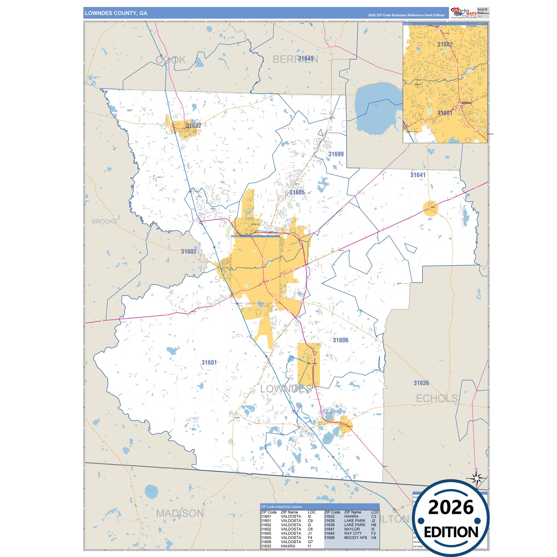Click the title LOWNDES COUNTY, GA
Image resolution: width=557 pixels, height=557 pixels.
coord(116,13)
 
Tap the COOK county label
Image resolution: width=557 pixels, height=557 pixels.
coord(170,60)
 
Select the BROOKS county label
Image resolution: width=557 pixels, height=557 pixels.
coord(104,222)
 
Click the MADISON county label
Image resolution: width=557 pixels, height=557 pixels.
coord(180,513)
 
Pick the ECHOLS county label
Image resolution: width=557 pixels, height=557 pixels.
coord(437,398)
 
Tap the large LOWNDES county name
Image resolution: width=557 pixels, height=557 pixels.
coord(286,389)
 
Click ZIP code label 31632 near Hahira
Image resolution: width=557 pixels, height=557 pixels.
coord(194,126)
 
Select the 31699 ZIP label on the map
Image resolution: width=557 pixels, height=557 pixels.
coord(336,154)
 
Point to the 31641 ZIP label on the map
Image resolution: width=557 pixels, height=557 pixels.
coord(418,175)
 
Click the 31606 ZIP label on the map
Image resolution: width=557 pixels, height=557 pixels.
coord(340,340)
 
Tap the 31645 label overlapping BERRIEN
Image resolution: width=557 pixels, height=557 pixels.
coord(306,59)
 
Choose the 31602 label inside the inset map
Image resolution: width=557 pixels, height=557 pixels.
coord(445,44)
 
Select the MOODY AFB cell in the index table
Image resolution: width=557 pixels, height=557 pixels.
coord(355,538)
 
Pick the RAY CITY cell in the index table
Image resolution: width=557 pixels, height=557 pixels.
coord(353,533)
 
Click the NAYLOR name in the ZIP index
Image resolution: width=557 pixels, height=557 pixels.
coord(352,529)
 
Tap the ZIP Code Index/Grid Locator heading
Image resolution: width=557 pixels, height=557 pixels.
coord(281,507)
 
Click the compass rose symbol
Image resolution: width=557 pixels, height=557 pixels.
coord(477,479)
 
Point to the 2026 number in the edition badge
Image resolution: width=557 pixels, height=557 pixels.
coord(451,508)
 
